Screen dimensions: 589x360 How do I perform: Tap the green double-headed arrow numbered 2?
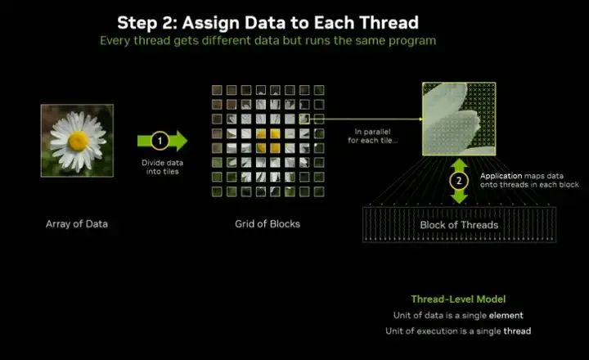click(x=460, y=180)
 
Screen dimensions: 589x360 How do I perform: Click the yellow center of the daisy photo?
click(x=78, y=142)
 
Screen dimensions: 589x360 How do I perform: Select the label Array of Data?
click(x=77, y=223)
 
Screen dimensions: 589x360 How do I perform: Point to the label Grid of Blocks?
click(x=262, y=223)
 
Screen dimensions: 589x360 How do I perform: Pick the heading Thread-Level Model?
click(x=458, y=299)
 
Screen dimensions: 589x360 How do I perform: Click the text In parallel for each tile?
click(x=375, y=135)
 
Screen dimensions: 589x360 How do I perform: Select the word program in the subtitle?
click(x=413, y=40)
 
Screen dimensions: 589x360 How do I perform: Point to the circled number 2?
click(x=460, y=180)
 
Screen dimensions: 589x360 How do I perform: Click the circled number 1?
click(x=160, y=141)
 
